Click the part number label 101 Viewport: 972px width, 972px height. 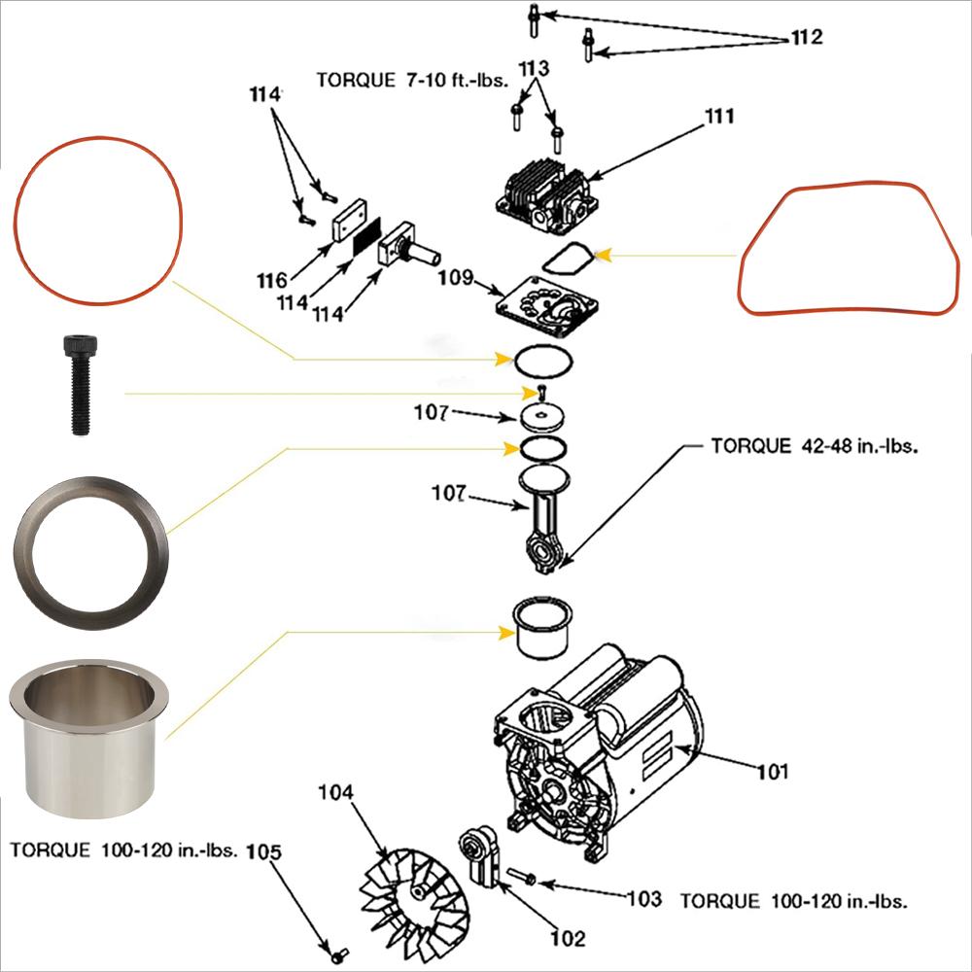point(773,772)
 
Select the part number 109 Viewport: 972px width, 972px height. point(455,279)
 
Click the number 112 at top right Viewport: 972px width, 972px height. point(807,37)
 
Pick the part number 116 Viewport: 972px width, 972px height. point(272,281)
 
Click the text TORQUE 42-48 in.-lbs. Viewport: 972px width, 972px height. point(815,447)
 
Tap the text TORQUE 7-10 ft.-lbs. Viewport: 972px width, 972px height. point(413,80)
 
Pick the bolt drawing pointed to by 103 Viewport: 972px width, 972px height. point(521,879)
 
